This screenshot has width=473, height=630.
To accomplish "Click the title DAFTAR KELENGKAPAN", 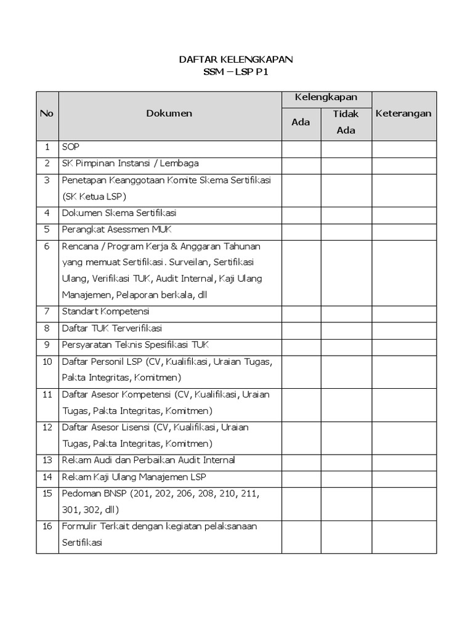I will [236, 60].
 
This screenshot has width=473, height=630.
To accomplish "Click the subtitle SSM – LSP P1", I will [236, 73].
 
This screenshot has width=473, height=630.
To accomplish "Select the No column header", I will [47, 114].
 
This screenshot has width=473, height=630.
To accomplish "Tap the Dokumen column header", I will [169, 114].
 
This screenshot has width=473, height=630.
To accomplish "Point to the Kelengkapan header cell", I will [326, 98].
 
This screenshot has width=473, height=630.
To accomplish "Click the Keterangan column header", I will [403, 114].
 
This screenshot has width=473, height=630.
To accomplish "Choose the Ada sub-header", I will [301, 122].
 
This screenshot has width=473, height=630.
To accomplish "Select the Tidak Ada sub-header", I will [346, 122].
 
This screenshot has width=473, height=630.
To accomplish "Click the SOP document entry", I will [71, 148].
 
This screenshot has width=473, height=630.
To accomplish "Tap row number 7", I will [47, 311].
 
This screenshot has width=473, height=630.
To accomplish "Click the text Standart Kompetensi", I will [105, 311].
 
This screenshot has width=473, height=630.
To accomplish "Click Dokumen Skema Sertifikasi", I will [119, 213].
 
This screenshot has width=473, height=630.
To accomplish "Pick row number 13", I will [47, 460].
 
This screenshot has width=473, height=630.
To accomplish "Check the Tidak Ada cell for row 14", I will [346, 477].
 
